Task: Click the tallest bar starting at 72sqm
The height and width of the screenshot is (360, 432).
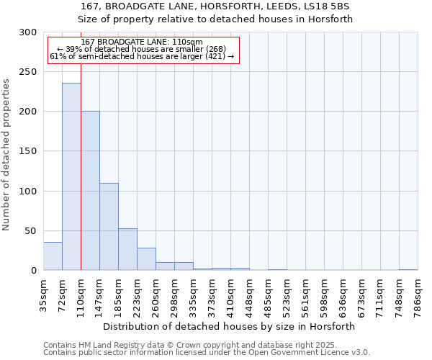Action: [x=71, y=176]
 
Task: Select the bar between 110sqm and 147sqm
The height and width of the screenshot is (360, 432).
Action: [x=90, y=191]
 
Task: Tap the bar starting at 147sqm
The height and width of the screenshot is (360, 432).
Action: [x=109, y=227]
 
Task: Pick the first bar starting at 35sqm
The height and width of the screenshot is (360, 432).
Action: [x=53, y=256]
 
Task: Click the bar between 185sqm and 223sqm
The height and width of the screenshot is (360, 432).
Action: [x=127, y=249]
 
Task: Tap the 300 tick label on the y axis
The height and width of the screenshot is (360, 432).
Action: [x=28, y=32]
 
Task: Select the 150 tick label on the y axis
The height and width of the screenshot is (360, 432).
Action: [x=28, y=151]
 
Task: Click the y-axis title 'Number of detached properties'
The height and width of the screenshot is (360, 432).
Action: [x=6, y=155]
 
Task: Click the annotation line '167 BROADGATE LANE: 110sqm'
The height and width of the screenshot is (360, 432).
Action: [x=142, y=42]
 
